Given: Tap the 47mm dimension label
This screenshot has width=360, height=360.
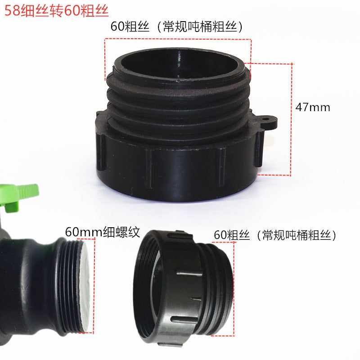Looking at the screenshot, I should [x=313, y=108].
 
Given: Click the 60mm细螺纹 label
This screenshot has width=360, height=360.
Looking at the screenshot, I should [x=103, y=232].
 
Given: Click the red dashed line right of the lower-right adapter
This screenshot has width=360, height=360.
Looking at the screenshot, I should [x=234, y=288].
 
